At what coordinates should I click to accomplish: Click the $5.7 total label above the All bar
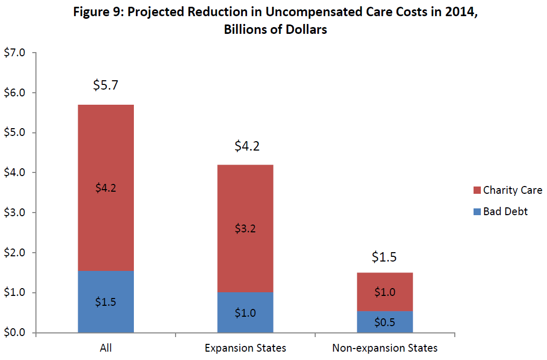tap(106, 85)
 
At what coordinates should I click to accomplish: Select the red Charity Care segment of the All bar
tap(106, 156)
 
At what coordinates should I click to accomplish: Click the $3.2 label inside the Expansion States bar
tap(245, 228)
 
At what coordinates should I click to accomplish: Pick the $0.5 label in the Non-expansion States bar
tap(385, 322)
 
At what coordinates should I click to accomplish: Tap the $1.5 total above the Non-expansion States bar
tap(385, 257)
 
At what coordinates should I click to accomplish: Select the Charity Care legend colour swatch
tap(476, 190)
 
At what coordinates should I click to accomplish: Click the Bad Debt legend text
tap(505, 212)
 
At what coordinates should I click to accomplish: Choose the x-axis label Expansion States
tap(245, 348)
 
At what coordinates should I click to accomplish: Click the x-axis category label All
tap(106, 348)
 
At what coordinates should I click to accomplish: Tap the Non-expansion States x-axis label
tap(385, 348)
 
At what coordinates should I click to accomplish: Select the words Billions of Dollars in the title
tap(276, 29)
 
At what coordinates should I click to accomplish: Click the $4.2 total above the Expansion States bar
tap(245, 145)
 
